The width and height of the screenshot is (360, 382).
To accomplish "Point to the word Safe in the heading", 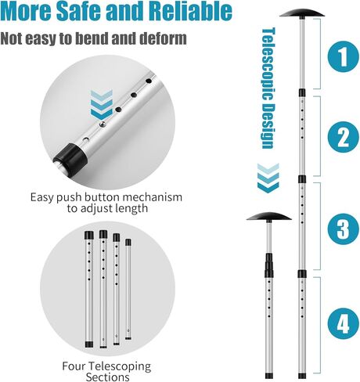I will coord(90,12).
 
